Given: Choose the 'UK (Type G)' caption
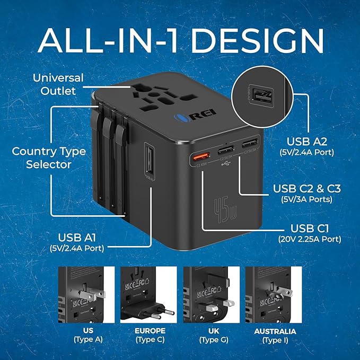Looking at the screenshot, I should click(210, 335).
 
